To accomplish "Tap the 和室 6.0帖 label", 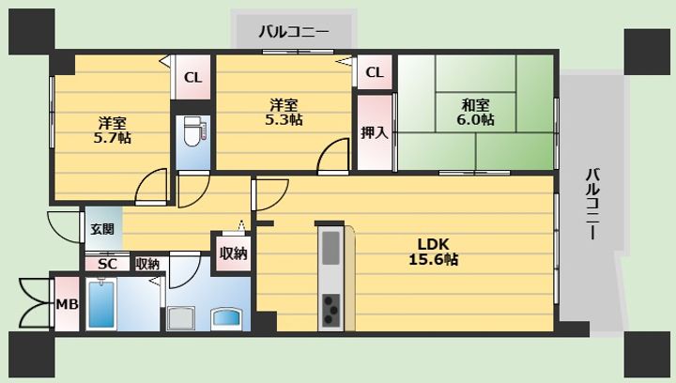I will coord(475,112).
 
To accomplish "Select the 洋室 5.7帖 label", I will coord(112,130).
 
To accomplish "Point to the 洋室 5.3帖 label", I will coord(283,112).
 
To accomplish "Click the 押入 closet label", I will coord(374,132).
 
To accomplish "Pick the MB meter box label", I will coord(66,304).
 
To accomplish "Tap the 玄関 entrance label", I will coord(101,229).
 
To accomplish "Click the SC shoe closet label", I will coord(107,264).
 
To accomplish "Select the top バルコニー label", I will coord(294,32).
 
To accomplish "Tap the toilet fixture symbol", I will coord(192,132).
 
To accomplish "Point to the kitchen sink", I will coord(331,248).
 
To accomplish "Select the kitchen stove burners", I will coord(331,308).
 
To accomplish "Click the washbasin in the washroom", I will coord(227,317).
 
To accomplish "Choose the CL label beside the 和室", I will coord(374,72).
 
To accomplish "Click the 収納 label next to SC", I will coord(147,264).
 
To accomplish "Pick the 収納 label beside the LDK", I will coord(233,253).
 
